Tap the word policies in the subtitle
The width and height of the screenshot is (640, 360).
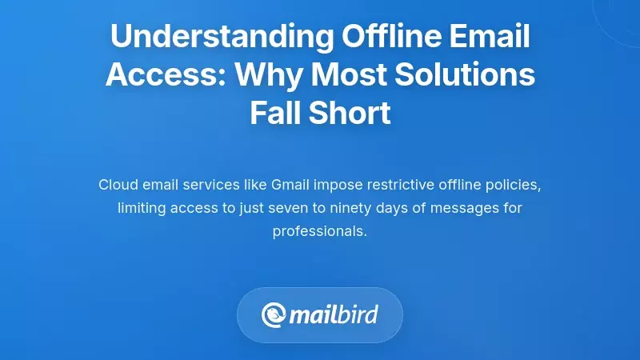514,185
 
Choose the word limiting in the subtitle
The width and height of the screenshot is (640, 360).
142,208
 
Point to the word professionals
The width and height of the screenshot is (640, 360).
319,231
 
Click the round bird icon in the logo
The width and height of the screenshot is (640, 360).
274,314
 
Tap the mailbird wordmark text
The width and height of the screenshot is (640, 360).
334,314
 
